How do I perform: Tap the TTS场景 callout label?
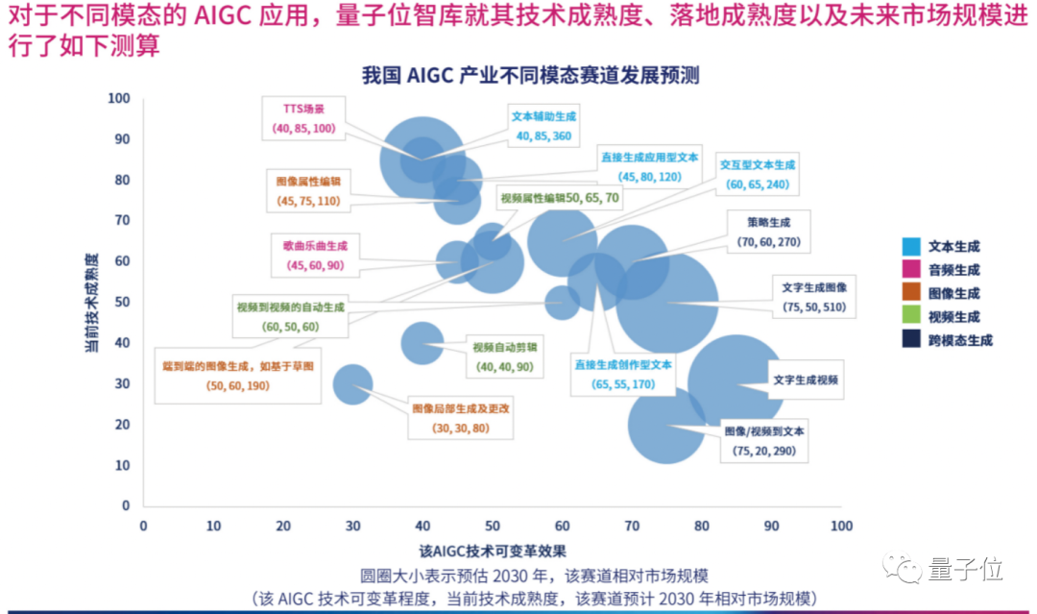(x=303, y=110)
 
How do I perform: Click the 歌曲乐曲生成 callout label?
(x=314, y=246)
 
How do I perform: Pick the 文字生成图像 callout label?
(x=814, y=286)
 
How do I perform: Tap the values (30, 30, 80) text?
(x=460, y=428)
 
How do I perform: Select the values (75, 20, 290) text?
(x=764, y=451)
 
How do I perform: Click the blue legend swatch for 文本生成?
(x=913, y=247)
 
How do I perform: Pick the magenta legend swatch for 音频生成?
(x=913, y=270)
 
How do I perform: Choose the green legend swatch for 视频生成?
(x=913, y=316)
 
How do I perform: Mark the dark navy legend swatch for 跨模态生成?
(x=913, y=339)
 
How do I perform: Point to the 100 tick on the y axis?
(x=120, y=98)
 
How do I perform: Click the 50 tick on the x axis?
(x=493, y=527)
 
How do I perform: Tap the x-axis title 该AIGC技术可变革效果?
(x=492, y=551)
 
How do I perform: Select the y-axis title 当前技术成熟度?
(x=91, y=302)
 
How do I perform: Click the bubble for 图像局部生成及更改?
(x=352, y=384)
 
